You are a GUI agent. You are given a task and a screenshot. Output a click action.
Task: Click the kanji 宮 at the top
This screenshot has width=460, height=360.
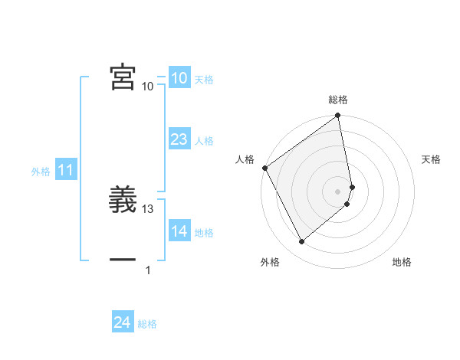click(x=123, y=77)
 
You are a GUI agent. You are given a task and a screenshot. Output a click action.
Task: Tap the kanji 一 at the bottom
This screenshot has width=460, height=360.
click(x=123, y=260)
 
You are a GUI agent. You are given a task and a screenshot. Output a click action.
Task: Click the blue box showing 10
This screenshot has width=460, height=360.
click(x=179, y=78)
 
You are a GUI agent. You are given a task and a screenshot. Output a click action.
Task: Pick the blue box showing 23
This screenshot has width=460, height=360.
click(x=179, y=139)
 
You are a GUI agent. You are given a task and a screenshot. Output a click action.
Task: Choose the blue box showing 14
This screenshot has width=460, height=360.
click(x=179, y=231)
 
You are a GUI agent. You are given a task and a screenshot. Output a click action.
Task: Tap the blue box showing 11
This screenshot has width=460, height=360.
click(x=65, y=170)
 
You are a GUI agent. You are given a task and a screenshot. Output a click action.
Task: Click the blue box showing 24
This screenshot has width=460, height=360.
click(x=122, y=322)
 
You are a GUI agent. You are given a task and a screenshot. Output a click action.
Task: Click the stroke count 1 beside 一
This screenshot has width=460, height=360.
click(x=149, y=270)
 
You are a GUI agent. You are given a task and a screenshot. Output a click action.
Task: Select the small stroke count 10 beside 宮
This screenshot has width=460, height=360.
click(x=148, y=87)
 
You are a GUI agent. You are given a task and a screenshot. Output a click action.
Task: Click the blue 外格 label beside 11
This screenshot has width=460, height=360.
click(x=41, y=172)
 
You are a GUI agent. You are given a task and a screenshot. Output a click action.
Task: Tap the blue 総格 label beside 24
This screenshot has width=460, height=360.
click(x=147, y=324)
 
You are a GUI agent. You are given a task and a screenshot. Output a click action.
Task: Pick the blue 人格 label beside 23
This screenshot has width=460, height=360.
click(x=204, y=141)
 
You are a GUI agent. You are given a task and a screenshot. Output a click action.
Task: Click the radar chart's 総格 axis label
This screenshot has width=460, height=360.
click(x=338, y=100)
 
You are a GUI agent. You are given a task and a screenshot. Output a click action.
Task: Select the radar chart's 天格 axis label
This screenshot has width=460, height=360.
click(x=431, y=159)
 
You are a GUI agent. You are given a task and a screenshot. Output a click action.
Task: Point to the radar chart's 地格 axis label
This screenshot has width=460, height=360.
click(x=402, y=262)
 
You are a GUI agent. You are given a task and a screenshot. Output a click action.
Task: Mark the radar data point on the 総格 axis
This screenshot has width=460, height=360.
click(x=338, y=116)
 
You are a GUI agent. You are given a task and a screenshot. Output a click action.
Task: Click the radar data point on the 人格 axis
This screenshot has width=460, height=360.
click(x=264, y=168)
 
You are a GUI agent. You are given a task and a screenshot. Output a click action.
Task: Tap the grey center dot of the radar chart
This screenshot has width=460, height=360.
click(x=338, y=191)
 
